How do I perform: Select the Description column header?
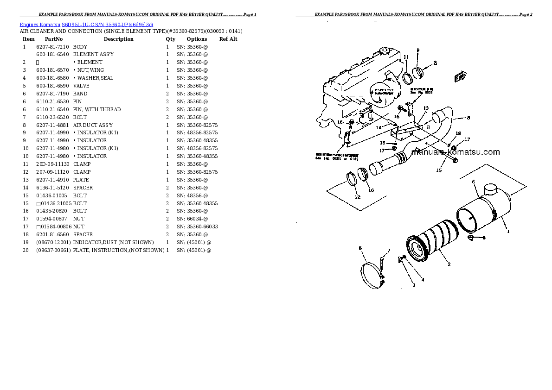click(118, 39)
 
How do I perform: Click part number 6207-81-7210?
click(52, 47)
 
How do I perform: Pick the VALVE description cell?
click(81, 86)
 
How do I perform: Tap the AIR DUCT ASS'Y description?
click(93, 125)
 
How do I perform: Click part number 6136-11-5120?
click(52, 188)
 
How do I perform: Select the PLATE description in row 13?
click(81, 180)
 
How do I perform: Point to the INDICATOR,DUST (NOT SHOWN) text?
click(113, 242)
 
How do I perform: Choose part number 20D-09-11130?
click(52, 164)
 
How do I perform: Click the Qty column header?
click(171, 39)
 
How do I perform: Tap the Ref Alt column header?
click(228, 39)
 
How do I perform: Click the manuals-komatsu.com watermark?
click(456, 152)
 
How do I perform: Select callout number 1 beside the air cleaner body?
click(508, 231)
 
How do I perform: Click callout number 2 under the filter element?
click(449, 264)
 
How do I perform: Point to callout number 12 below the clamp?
click(357, 197)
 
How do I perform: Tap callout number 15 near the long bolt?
click(438, 170)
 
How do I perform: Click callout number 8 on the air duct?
click(468, 118)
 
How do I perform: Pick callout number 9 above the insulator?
click(417, 50)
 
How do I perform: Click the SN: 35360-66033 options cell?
click(197, 226)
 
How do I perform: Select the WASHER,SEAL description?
click(95, 78)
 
